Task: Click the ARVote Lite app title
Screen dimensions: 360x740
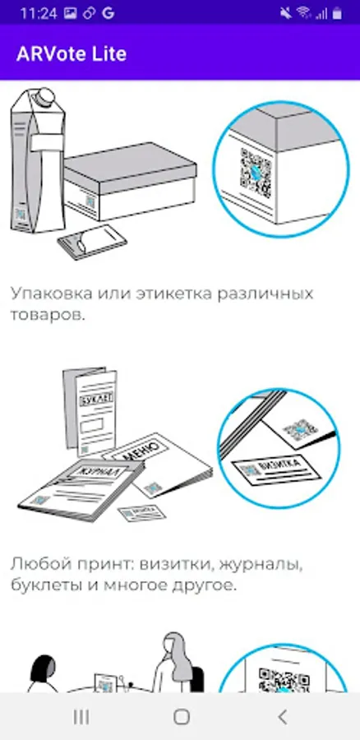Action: point(72,53)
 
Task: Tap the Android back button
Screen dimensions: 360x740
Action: point(282,717)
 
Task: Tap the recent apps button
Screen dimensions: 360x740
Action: point(81,717)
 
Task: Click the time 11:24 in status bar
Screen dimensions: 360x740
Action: point(39,13)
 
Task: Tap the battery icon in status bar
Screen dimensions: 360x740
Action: point(337,14)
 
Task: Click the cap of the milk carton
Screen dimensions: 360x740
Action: point(46,98)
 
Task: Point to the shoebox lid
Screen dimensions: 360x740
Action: point(130,165)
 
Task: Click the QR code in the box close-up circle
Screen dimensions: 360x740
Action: point(256,173)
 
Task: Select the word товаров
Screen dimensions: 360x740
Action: point(48,315)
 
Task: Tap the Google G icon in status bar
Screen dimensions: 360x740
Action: point(108,13)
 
